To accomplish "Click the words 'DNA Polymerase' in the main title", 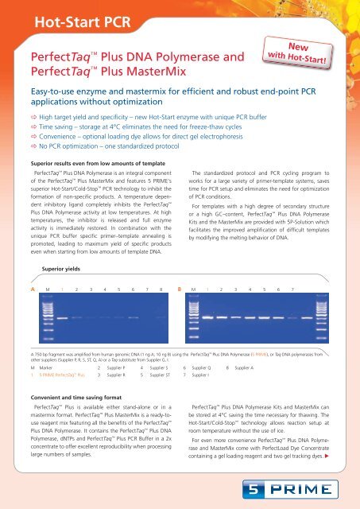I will tap(182, 57).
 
